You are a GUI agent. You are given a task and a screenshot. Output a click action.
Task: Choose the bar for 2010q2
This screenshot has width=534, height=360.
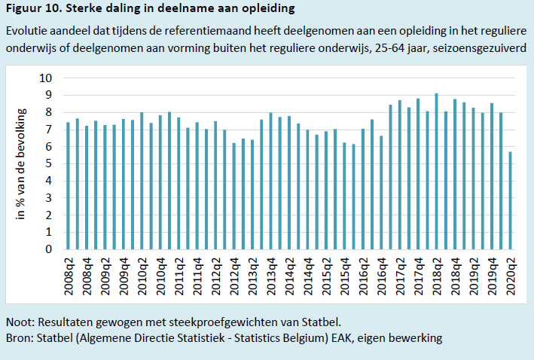(x=142, y=181)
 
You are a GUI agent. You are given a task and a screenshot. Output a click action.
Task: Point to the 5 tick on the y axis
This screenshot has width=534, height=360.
(x=49, y=163)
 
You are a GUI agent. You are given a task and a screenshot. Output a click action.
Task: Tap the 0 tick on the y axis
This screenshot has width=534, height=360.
(x=49, y=249)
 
